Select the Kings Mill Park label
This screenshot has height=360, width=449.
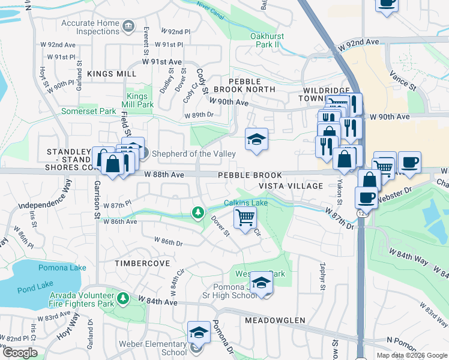point(139,100)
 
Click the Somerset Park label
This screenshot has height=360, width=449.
point(88,112)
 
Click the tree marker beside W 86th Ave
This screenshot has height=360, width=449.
point(197,212)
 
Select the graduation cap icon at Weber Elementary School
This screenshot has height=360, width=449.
point(199,332)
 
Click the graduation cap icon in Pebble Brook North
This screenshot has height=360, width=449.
point(256,140)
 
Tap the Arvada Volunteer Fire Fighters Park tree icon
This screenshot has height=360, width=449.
point(123,298)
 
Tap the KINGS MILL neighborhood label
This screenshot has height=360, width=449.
point(112,73)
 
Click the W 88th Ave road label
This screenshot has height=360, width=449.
point(164,175)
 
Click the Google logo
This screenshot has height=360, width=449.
point(19,353)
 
